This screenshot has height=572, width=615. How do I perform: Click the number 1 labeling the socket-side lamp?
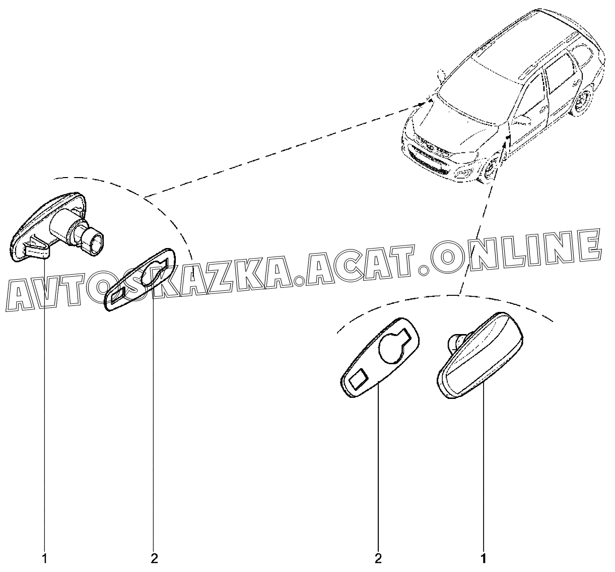click(45, 558)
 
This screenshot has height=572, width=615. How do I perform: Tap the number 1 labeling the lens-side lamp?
click(484, 558)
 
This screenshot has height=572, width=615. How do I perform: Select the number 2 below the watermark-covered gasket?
click(154, 558)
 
